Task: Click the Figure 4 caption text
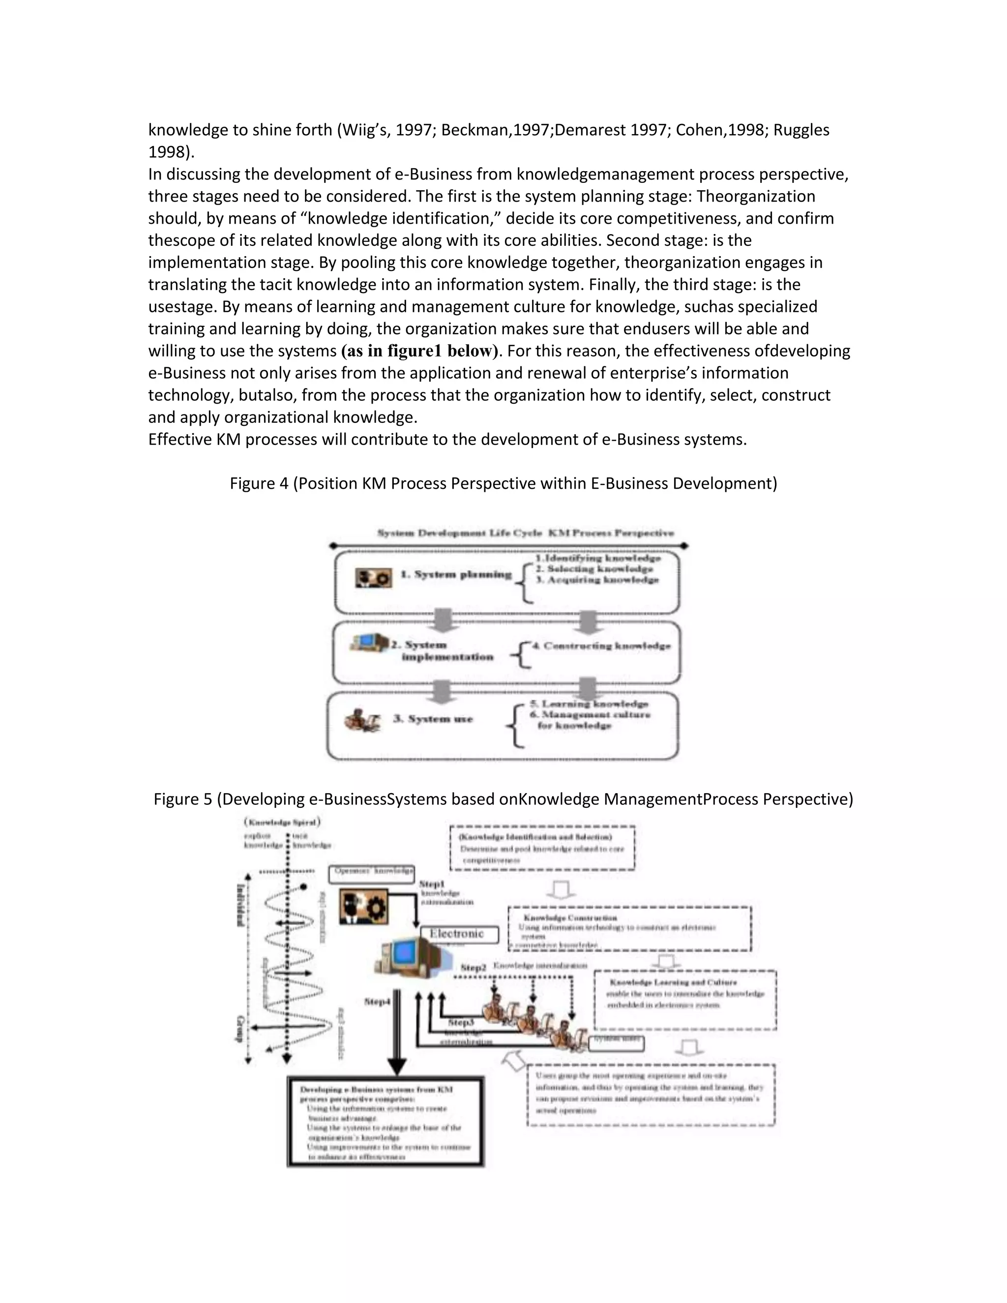pyautogui.click(x=503, y=483)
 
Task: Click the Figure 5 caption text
pyautogui.click(x=503, y=799)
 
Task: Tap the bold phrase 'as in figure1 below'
pyautogui.click(x=419, y=351)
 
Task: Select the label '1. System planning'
pyautogui.click(x=456, y=574)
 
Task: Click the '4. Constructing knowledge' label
pyautogui.click(x=601, y=646)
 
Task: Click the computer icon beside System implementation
pyautogui.click(x=369, y=643)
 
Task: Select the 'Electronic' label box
pyautogui.click(x=459, y=934)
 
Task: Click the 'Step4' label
pyautogui.click(x=377, y=1002)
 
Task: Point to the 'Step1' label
pyautogui.click(x=431, y=884)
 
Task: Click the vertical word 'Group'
pyautogui.click(x=240, y=1028)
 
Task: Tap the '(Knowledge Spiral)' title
pyautogui.click(x=282, y=822)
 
